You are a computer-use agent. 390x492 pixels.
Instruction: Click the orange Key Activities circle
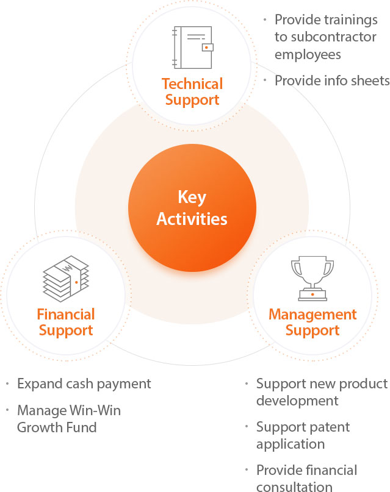(x=192, y=208)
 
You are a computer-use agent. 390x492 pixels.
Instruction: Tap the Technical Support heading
(x=192, y=92)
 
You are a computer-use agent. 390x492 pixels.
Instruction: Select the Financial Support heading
(x=66, y=323)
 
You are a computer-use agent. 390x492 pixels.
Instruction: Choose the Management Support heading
(x=312, y=323)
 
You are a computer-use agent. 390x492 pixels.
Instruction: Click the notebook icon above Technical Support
(x=193, y=48)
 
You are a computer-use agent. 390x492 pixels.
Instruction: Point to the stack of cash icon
(x=66, y=279)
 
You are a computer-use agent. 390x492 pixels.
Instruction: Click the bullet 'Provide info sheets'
(x=332, y=80)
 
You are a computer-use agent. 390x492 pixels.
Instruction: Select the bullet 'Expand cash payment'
(x=84, y=384)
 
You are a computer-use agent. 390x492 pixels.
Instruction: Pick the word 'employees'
(x=308, y=55)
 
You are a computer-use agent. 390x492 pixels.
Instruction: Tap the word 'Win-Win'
(x=95, y=410)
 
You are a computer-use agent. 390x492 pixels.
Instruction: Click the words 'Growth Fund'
(x=57, y=427)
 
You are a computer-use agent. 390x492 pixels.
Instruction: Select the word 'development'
(x=297, y=401)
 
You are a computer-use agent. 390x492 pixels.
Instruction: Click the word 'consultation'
(x=294, y=487)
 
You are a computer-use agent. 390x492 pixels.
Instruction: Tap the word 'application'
(x=291, y=444)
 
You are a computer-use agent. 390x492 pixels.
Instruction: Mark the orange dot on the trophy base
(x=312, y=294)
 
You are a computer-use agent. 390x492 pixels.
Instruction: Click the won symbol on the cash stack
(x=67, y=269)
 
